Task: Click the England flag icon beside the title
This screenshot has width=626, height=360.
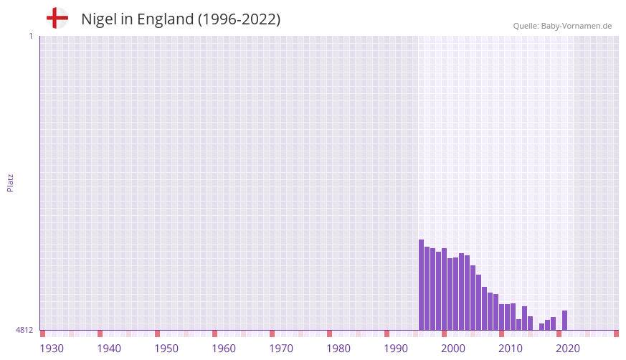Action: pos(57,19)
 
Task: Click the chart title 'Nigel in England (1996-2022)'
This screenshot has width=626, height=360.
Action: pos(181,19)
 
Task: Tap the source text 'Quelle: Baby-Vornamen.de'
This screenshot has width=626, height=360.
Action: pos(562,26)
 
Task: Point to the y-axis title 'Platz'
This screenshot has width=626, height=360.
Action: pos(10,182)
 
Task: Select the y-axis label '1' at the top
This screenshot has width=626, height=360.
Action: pos(30,36)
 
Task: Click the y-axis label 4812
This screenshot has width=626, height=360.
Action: pos(24,330)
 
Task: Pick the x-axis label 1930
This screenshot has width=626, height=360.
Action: pos(52,349)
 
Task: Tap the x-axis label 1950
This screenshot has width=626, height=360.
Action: pos(166,349)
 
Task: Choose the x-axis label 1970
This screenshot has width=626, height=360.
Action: pos(281,349)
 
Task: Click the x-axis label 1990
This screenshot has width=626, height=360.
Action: pos(396,349)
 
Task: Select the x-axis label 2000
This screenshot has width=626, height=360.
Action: pos(453,349)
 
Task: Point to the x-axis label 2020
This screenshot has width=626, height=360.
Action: pos(568,349)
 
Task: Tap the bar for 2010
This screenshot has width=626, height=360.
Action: pos(502,317)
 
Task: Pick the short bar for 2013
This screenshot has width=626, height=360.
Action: pos(519,324)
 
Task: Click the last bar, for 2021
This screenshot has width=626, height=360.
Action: pos(565,320)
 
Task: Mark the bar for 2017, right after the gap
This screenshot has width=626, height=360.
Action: pos(542,326)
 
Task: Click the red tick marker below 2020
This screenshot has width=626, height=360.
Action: pos(559,333)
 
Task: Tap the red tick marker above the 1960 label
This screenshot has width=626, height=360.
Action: pos(214,333)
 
